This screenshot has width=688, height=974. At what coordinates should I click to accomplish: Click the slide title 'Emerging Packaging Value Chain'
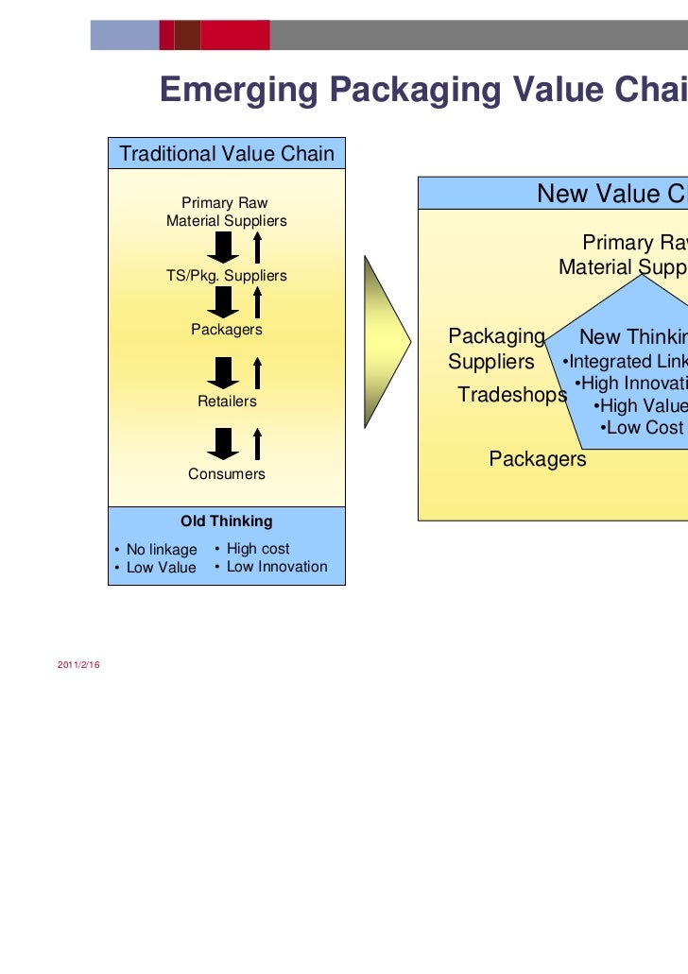(x=423, y=92)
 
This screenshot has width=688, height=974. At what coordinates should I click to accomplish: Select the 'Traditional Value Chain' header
(x=227, y=154)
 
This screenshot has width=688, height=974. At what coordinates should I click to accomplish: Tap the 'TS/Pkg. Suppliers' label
(x=226, y=276)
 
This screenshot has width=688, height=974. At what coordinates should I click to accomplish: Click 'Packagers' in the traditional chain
(x=227, y=330)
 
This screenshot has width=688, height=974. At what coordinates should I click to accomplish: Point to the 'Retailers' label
(x=227, y=402)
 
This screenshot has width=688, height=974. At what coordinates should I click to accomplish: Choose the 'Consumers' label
(x=227, y=474)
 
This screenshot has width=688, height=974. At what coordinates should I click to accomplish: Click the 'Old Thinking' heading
(x=227, y=521)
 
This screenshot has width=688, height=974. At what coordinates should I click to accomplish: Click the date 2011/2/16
(x=79, y=667)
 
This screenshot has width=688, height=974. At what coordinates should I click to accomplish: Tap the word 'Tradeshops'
(x=511, y=395)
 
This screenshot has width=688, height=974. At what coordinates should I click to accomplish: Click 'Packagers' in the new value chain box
(x=538, y=459)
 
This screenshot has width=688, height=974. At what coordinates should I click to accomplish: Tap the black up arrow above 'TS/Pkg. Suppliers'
(x=258, y=248)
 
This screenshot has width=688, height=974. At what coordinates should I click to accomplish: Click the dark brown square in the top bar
(x=187, y=36)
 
